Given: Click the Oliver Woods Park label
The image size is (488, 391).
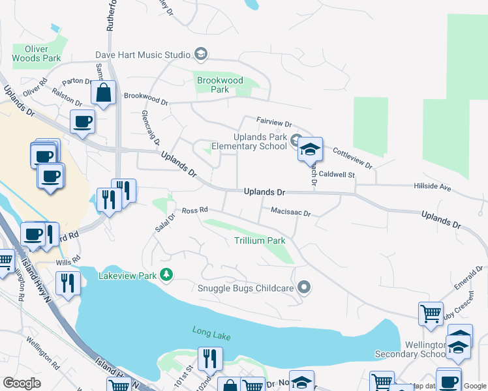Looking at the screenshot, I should (42, 53).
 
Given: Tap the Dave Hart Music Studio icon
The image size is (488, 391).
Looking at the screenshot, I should (201, 55).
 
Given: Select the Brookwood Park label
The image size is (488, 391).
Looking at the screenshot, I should (220, 85).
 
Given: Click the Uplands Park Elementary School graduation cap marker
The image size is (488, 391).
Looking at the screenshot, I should (311, 149).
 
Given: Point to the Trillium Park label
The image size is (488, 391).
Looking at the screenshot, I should (260, 240).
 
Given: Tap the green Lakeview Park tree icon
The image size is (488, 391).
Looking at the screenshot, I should (166, 275).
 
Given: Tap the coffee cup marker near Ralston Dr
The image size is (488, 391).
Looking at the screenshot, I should (83, 121).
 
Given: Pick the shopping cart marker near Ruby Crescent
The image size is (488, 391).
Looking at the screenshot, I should (431, 313).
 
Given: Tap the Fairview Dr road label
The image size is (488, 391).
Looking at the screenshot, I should (274, 122).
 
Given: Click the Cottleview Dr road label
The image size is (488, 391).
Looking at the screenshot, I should (352, 158).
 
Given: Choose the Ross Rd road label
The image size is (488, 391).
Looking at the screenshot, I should (194, 210).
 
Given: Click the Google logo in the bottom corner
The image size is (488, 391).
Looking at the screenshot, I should (22, 383).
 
